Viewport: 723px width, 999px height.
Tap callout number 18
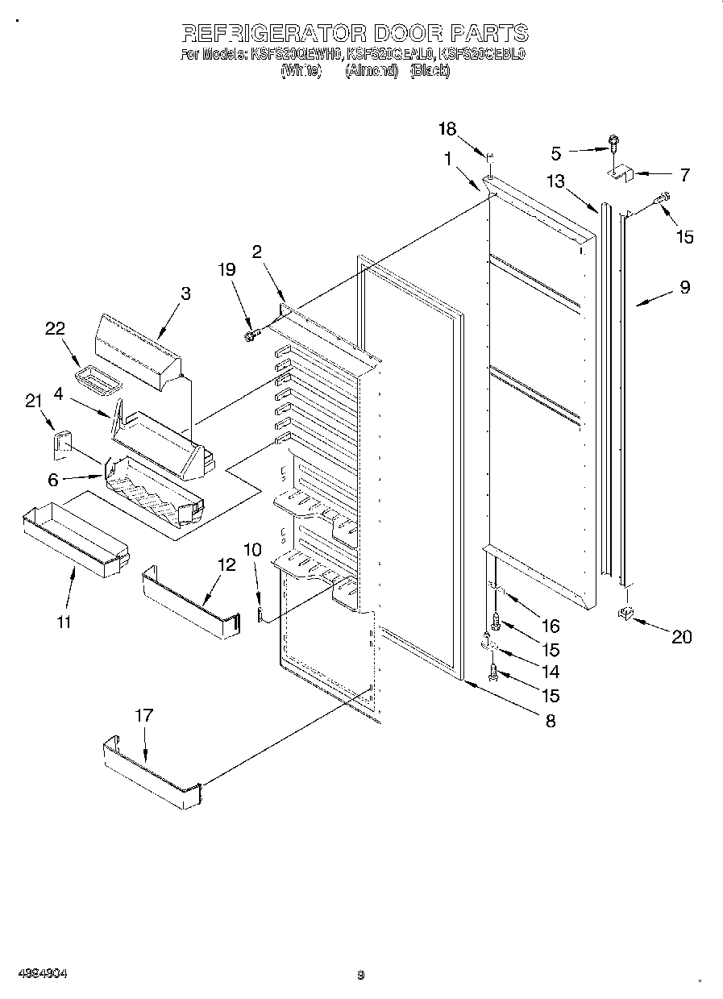(x=447, y=129)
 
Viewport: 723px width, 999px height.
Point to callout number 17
(x=143, y=715)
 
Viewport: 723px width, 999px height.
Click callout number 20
(x=681, y=637)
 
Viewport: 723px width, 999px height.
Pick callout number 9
(x=684, y=286)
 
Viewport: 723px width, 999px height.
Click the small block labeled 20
(x=624, y=614)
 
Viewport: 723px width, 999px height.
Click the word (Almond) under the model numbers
(x=372, y=70)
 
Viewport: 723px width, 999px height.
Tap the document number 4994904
(x=41, y=974)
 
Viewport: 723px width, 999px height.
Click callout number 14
(x=551, y=672)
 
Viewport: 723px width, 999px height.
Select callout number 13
(x=555, y=181)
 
